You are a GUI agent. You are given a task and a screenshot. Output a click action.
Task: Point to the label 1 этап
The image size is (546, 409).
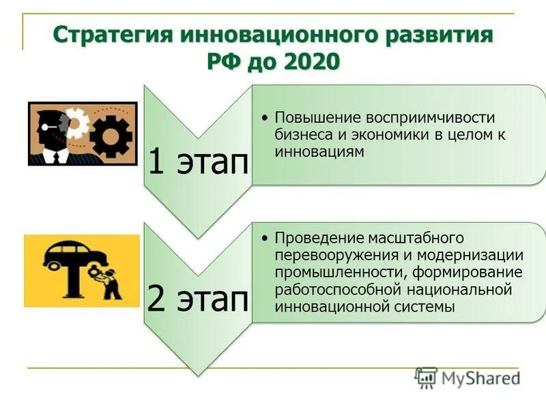point(198,162)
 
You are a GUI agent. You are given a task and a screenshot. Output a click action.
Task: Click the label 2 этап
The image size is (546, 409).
point(198,299)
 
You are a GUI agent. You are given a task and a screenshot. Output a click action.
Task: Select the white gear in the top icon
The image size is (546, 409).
point(76,123)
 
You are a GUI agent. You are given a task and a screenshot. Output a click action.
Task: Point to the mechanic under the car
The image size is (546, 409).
point(109,280)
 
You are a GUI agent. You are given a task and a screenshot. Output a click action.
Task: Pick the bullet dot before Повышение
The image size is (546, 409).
point(265,118)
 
